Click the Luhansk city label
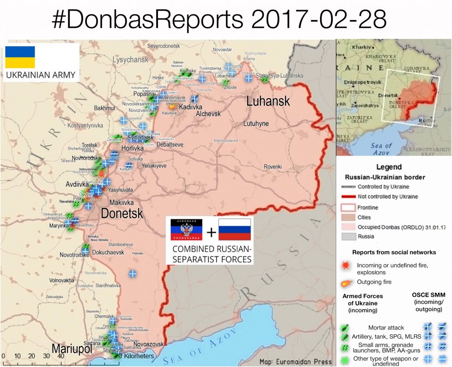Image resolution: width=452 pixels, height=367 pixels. point(268,101)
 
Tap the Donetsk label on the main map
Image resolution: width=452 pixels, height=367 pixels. point(122,214)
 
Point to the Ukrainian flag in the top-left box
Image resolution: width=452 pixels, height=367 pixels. point(20,57)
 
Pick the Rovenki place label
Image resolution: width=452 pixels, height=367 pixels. point(273,166)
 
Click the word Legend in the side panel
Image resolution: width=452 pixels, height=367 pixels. point(388,167)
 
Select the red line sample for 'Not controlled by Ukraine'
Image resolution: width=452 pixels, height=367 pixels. point(348,197)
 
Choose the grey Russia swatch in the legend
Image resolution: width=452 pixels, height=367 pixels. point(348,237)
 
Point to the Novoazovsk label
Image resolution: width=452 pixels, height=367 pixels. point(148,344)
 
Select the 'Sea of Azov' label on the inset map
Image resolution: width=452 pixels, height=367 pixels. point(381,149)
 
